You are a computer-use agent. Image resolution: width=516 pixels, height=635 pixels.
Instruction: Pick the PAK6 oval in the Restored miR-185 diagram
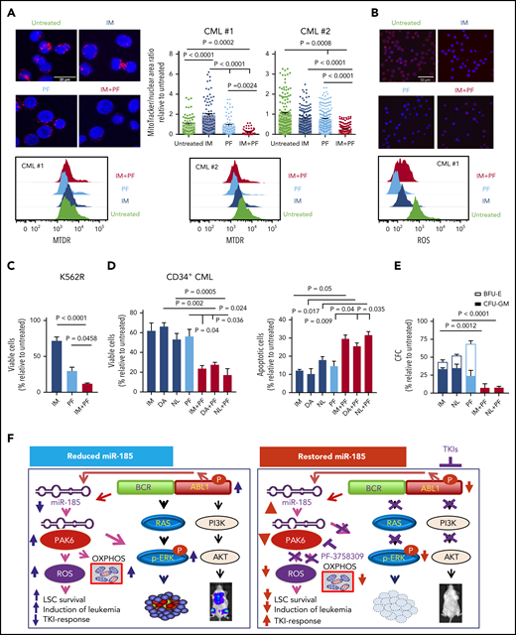pos(306,515)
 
